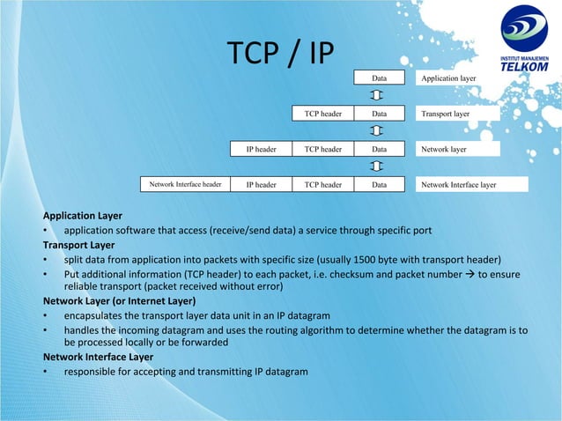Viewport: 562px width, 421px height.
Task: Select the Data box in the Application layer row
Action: coord(379,78)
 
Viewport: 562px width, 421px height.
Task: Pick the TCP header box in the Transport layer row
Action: coord(322,114)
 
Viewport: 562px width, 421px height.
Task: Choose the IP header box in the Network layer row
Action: coord(261,150)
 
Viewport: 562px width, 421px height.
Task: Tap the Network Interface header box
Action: coord(185,185)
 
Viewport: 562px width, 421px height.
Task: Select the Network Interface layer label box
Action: coord(471,185)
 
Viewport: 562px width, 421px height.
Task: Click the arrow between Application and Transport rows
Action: coord(377,95)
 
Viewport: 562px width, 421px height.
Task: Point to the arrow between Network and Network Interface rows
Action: coord(377,167)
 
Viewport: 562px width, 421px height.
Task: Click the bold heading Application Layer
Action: coord(83,216)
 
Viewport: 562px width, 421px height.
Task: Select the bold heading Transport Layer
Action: coord(79,245)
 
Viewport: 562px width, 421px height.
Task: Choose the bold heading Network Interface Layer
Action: coord(98,357)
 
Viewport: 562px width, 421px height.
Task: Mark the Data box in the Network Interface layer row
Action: coord(379,185)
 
